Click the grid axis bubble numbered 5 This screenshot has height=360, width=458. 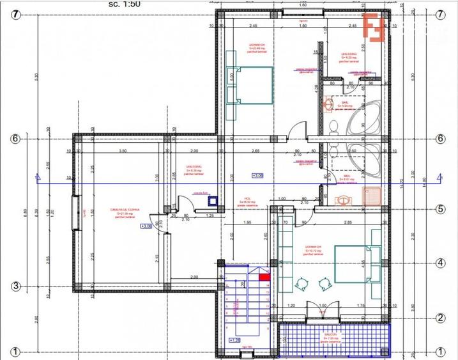(x=439, y=208)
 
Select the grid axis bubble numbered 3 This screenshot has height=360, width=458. (x=17, y=286)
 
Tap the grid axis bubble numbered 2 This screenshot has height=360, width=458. (x=439, y=318)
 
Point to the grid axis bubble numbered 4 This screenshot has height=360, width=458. (x=439, y=263)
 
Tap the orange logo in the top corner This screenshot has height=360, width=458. (x=374, y=27)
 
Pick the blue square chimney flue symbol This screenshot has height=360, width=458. (x=213, y=200)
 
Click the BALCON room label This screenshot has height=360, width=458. (x=330, y=334)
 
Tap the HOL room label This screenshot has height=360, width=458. (x=246, y=199)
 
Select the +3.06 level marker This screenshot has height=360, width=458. (x=146, y=226)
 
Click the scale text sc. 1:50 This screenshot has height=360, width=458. (x=125, y=4)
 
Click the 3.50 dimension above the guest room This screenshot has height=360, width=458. (x=123, y=151)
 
